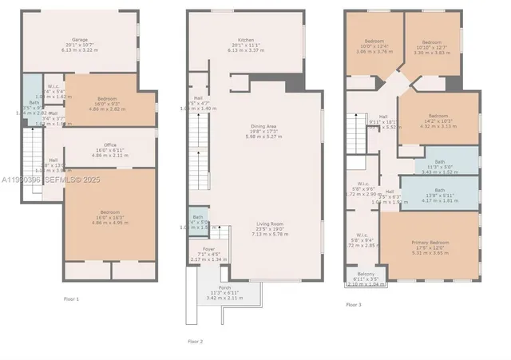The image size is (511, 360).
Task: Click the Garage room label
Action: (x=80, y=38)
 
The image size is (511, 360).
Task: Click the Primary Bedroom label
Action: (x=430, y=242)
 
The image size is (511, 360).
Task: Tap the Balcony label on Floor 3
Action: (x=365, y=275)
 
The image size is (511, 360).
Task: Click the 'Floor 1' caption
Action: (x=72, y=299)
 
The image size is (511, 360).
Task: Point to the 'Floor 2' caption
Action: (x=196, y=341)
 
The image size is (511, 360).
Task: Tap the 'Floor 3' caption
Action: (x=354, y=304)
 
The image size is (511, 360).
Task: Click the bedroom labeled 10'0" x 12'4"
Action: (x=374, y=41)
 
